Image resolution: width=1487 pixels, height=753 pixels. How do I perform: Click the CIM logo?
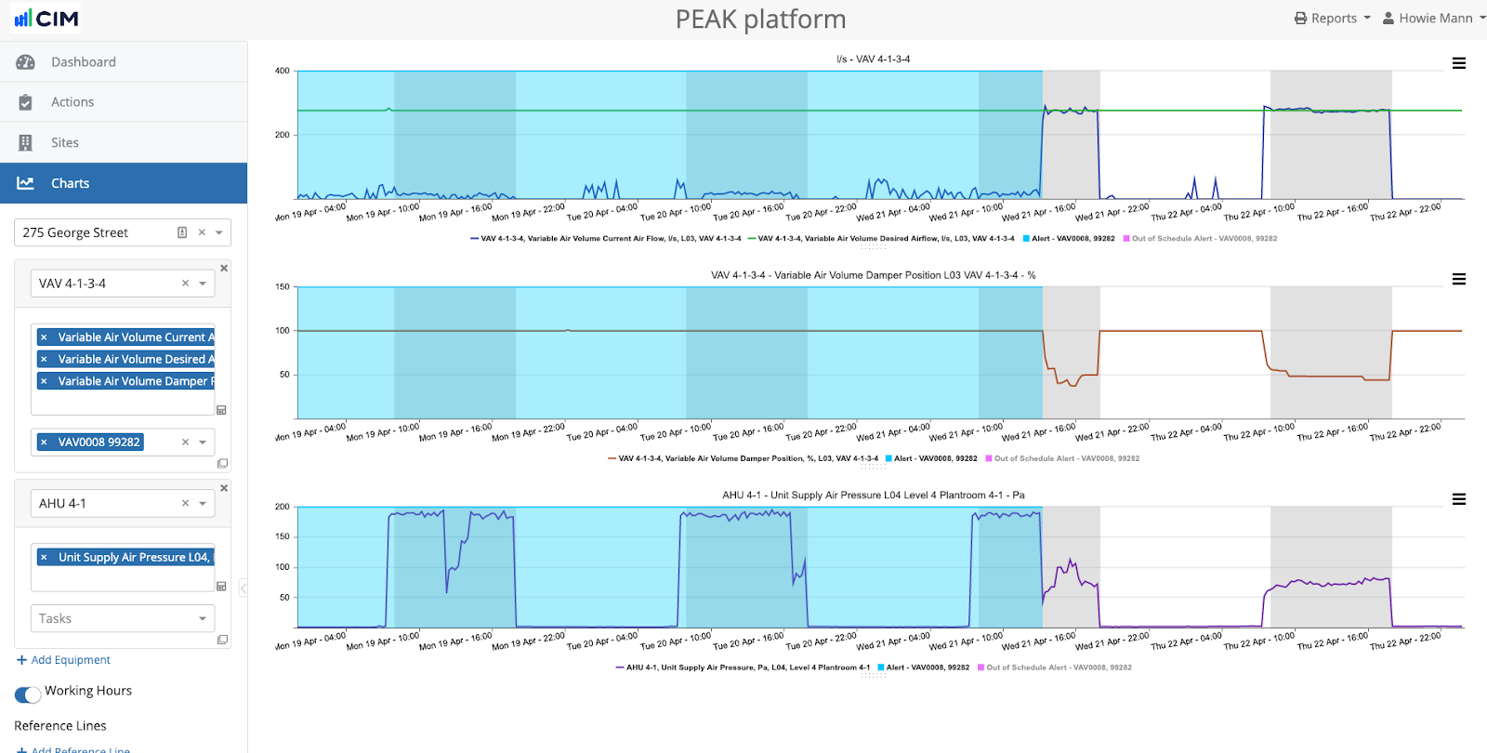[46, 19]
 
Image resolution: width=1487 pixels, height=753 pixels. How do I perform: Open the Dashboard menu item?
[83, 62]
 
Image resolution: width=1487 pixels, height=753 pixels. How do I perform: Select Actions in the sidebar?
[72, 102]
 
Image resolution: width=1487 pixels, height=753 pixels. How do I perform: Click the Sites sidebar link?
[64, 142]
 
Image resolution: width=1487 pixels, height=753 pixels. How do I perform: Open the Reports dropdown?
[1332, 19]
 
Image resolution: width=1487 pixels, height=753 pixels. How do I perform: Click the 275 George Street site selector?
[93, 232]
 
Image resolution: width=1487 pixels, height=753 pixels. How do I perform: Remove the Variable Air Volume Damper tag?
[44, 381]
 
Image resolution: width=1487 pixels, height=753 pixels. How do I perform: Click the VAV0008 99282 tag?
[99, 443]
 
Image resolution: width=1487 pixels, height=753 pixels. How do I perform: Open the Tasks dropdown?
[122, 618]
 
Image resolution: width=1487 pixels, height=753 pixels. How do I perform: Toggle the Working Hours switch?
[28, 694]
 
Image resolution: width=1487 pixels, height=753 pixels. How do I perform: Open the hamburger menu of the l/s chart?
[1459, 63]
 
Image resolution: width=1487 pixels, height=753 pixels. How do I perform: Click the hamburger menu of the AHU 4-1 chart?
[1459, 499]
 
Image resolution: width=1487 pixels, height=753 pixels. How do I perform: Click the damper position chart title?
[873, 275]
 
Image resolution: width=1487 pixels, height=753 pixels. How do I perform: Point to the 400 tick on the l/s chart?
[283, 71]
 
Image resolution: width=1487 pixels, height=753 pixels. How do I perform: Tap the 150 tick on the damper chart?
[283, 286]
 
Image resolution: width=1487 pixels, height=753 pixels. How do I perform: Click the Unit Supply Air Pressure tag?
[133, 558]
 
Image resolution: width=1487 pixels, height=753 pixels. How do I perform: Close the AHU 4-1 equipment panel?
[224, 488]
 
